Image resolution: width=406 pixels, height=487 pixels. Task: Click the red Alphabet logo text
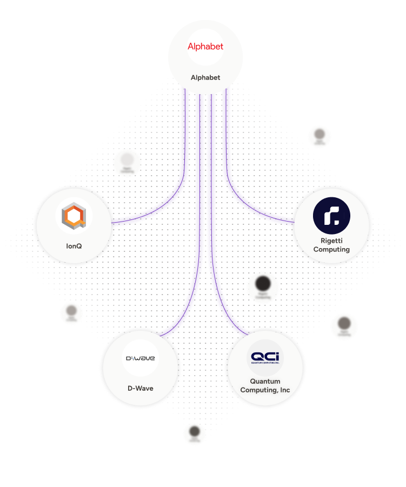click(205, 46)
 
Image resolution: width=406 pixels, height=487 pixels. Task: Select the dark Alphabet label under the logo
click(205, 77)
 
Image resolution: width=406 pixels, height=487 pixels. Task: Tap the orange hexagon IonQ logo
click(74, 216)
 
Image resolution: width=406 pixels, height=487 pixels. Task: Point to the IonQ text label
click(74, 246)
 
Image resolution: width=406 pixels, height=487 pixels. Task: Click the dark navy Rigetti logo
click(331, 216)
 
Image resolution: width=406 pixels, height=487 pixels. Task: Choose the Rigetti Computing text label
click(331, 245)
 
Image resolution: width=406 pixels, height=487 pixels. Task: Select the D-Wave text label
click(140, 388)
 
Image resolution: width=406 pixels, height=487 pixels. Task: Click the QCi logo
click(265, 358)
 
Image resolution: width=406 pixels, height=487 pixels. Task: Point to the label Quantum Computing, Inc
click(265, 386)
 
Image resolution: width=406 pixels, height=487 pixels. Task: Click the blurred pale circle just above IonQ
click(127, 162)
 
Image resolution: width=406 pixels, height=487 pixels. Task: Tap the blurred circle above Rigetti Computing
click(320, 136)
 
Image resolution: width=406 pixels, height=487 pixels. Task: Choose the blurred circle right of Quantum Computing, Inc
click(344, 326)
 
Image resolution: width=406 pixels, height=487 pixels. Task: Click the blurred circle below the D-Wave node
click(195, 433)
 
